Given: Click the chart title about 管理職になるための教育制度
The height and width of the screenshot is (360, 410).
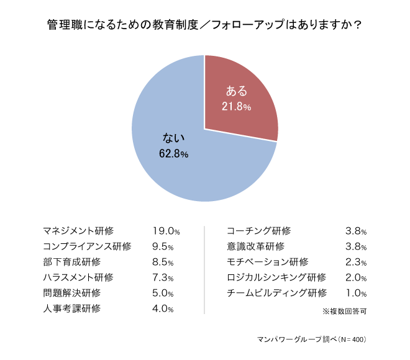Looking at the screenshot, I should (x=205, y=26).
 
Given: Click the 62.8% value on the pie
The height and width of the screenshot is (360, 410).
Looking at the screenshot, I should (x=173, y=153).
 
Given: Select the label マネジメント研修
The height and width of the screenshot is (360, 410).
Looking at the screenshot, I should (x=78, y=231).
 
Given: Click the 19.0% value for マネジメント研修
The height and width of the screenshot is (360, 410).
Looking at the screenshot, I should (x=166, y=231).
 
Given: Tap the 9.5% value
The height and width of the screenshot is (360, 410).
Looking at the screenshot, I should (x=163, y=246).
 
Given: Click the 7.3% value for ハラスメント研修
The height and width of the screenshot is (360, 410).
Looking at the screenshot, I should (x=163, y=277).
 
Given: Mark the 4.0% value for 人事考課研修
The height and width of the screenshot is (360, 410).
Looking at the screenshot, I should (x=163, y=308).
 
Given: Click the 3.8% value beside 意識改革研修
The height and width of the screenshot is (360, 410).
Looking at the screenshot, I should (x=355, y=246).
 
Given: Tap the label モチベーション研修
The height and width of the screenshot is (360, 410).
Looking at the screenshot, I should (x=267, y=262).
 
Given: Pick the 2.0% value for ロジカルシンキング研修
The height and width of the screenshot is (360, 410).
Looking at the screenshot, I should (x=355, y=277).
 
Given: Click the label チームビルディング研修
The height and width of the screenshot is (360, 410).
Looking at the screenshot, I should (x=276, y=293).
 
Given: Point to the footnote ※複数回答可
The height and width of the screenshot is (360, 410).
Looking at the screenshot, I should (x=344, y=311).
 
